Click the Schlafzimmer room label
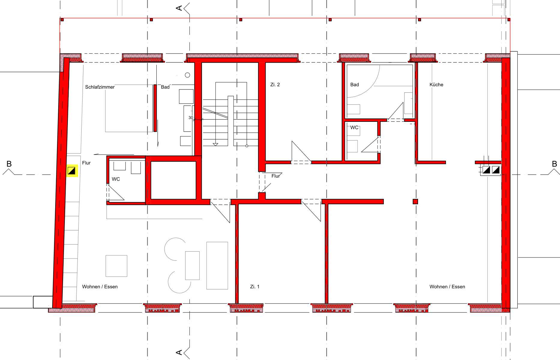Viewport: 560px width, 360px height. (x=100, y=87)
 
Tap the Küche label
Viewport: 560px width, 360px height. (x=436, y=85)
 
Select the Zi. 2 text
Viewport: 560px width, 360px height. (x=275, y=85)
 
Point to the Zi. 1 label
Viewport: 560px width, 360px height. (x=254, y=287)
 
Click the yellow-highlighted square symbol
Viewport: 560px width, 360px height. (x=72, y=171)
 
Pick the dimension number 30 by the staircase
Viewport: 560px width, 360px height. (x=191, y=118)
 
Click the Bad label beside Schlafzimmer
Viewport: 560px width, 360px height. (x=165, y=87)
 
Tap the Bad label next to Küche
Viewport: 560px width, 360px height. (x=354, y=85)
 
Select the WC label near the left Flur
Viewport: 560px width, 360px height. (x=116, y=179)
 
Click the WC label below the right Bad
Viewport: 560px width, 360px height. (x=354, y=127)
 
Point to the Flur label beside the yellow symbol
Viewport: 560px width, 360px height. (x=86, y=163)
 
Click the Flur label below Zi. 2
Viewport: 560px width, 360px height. (x=275, y=176)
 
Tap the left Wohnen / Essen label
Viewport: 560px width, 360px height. (x=100, y=287)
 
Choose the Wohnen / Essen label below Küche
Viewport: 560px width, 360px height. (x=447, y=287)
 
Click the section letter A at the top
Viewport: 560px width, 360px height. (x=179, y=8)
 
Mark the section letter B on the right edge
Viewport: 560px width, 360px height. (x=554, y=164)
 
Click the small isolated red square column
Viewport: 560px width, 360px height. (x=415, y=202)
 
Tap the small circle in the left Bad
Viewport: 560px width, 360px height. (x=188, y=75)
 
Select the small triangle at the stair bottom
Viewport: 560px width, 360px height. (x=215, y=145)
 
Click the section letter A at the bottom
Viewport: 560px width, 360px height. (x=179, y=352)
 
